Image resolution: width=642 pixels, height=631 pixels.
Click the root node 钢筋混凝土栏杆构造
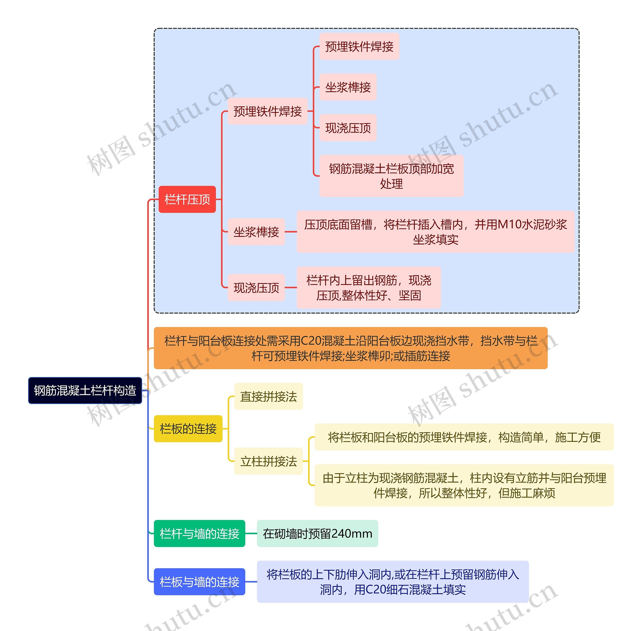pos(85,390)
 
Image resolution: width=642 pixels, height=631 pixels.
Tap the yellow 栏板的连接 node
pos(188,429)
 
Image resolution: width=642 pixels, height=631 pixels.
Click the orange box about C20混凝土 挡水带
pos(351,348)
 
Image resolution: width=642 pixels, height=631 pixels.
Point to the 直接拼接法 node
pos(269,396)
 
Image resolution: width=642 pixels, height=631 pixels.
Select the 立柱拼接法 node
pos(269,461)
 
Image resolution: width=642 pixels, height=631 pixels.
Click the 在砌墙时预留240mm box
pos(317,534)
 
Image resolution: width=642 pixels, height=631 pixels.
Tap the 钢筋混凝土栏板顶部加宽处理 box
pos(391,176)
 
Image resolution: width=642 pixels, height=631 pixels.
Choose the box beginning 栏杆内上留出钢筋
pos(369,288)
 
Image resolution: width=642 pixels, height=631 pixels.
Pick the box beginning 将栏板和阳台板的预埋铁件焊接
pos(464,437)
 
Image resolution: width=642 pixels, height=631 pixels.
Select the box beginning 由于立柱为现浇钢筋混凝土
pos(464,485)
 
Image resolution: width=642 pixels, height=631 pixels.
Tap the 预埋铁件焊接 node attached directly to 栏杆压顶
pos(268,111)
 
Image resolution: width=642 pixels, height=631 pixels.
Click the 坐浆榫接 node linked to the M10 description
pos(256,232)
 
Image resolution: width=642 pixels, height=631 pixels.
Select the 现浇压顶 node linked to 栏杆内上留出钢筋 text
pos(256,288)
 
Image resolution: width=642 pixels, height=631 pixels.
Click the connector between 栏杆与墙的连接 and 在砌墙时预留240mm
pos(251,534)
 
